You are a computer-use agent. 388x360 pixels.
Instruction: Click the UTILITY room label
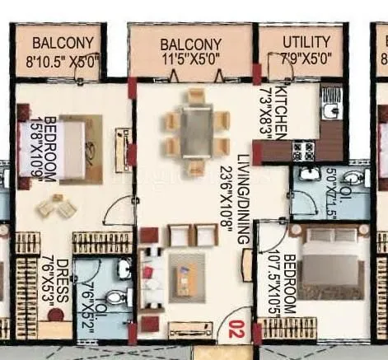306,42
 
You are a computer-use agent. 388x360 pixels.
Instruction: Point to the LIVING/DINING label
242,197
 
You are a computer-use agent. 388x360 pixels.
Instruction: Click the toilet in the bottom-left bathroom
117,297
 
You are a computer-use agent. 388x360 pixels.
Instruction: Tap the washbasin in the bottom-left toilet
124,269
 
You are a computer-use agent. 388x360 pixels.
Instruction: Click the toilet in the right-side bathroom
352,178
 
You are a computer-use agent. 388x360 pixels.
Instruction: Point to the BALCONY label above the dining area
190,43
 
